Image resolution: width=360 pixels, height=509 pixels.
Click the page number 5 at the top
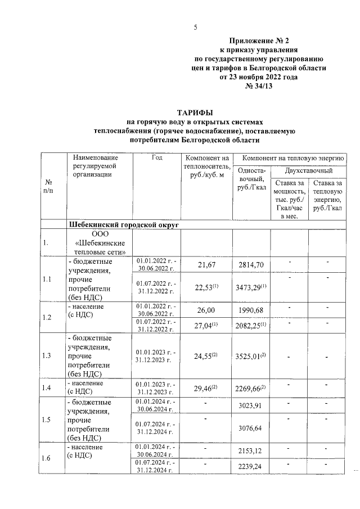[195, 28]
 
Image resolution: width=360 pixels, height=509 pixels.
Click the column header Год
[157, 158]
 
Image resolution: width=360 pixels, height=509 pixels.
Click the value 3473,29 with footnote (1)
[252, 287]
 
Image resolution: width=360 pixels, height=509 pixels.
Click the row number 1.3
[47, 355]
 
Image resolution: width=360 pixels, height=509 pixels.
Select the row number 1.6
[47, 458]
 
